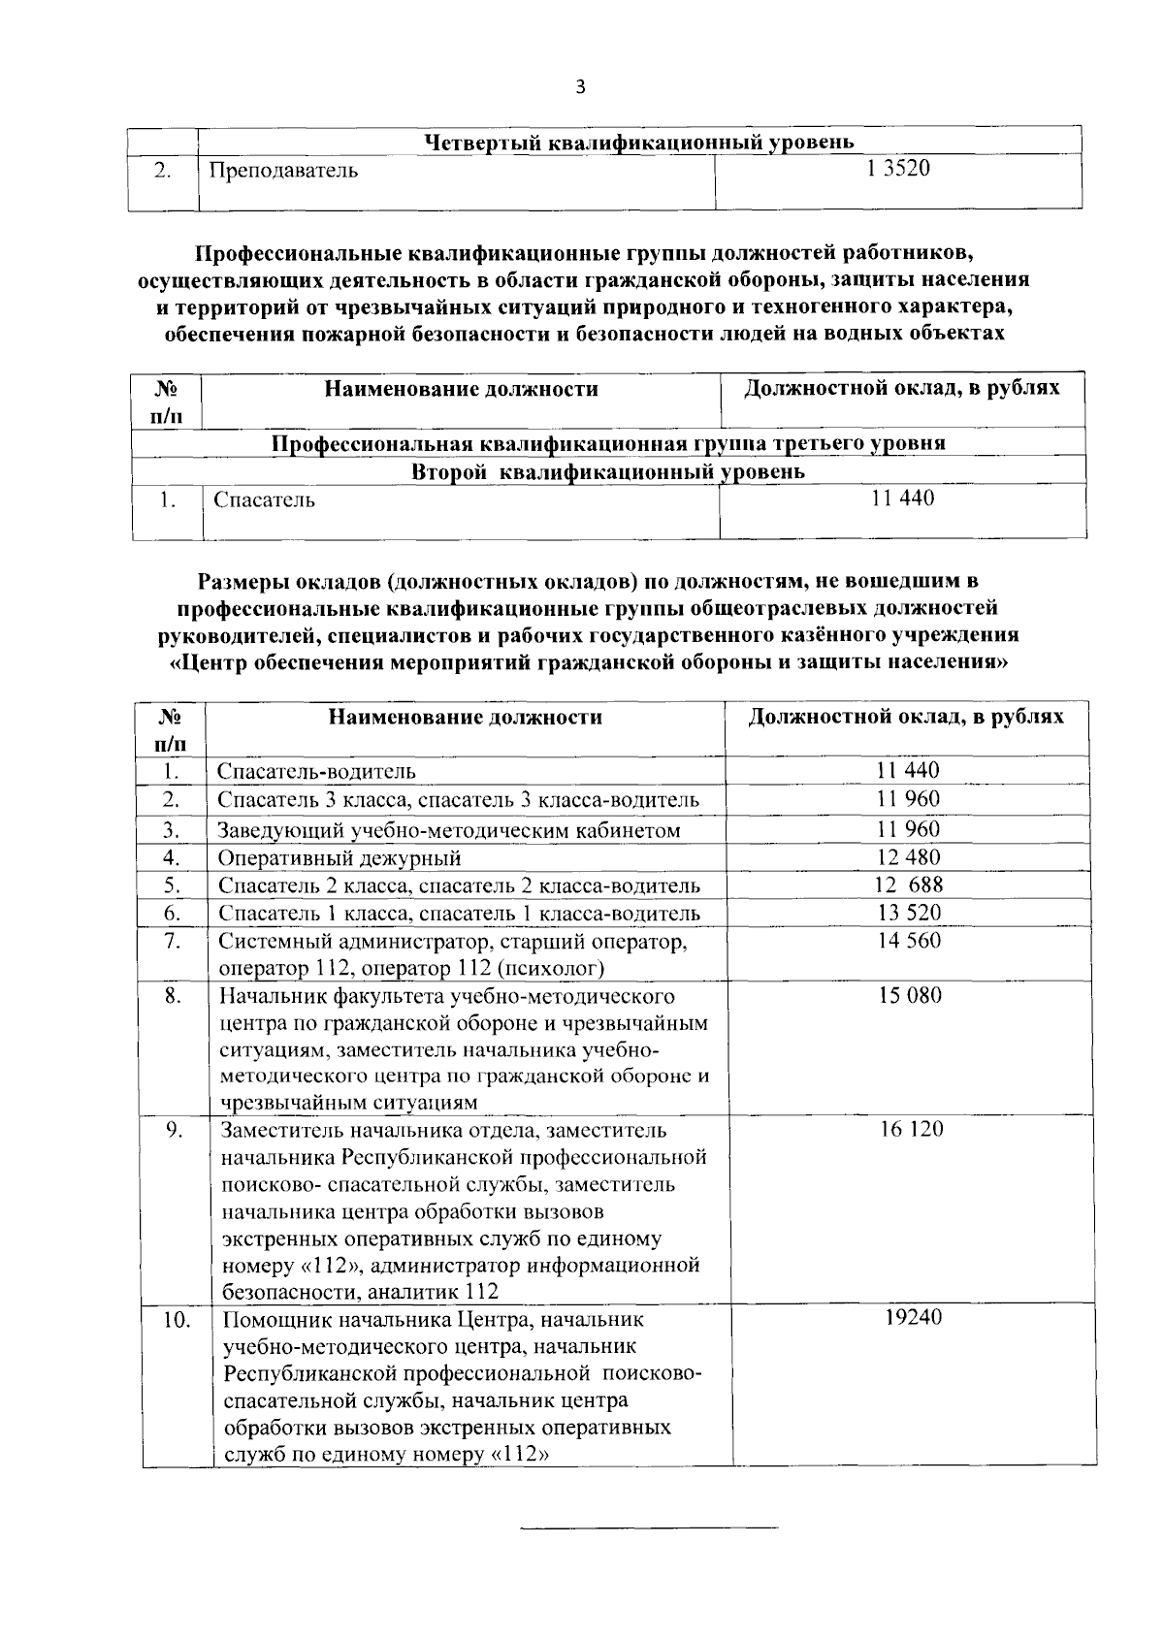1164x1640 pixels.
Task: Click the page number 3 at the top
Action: [580, 88]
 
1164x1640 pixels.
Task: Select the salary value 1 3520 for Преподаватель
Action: [898, 170]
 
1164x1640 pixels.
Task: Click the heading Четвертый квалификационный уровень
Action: [639, 143]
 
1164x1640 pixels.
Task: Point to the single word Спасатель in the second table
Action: [265, 500]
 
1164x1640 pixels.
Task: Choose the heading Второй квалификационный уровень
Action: [608, 472]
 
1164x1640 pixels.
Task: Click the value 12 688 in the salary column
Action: [908, 884]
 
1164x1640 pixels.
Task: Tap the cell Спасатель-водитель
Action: [317, 772]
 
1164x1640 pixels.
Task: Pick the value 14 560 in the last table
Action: [909, 941]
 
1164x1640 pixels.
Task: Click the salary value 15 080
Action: [910, 996]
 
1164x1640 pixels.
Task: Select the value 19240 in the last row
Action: [913, 1318]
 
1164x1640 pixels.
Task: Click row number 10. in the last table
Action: [176, 1320]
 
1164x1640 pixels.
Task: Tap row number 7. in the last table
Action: [172, 941]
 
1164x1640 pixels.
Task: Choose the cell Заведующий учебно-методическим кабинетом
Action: [449, 830]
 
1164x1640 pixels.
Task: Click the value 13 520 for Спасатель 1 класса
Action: [909, 913]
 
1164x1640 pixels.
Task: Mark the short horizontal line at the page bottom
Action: [649, 1529]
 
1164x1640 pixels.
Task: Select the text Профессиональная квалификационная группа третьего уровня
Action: [608, 444]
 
